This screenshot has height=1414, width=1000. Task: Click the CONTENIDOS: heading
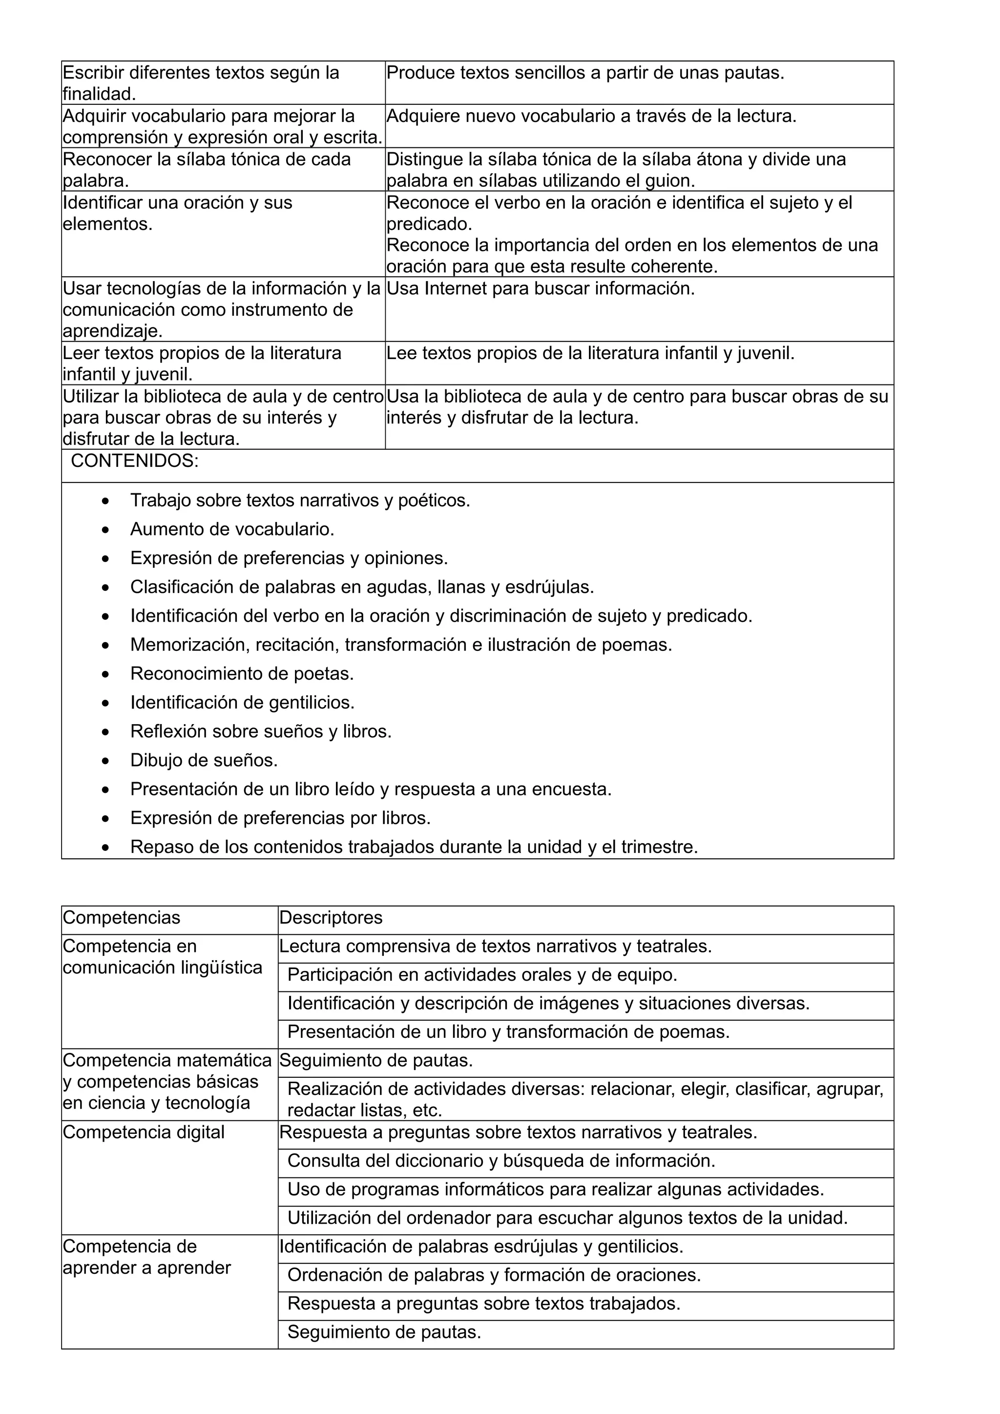[x=134, y=461]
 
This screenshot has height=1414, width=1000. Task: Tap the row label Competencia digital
[x=144, y=1131]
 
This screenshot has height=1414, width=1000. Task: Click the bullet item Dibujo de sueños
[x=204, y=760]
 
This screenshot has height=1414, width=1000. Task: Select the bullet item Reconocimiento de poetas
[x=242, y=673]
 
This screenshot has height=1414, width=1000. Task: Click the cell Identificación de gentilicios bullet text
[x=242, y=702]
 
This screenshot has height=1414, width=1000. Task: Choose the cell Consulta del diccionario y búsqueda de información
[x=501, y=1160]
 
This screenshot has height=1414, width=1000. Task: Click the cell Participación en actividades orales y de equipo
[x=482, y=974]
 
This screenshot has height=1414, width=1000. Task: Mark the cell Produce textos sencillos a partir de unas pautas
[x=585, y=73]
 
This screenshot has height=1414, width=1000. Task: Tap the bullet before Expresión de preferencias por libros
[x=106, y=818]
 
